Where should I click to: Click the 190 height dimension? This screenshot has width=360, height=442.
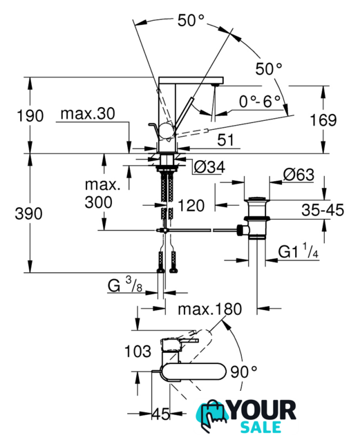30,116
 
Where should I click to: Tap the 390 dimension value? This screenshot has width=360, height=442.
28,213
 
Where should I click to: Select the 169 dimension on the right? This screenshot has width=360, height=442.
323,120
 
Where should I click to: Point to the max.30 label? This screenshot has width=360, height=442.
88,114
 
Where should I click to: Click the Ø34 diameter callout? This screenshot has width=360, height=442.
209,167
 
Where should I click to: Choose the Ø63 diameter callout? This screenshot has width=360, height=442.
299,175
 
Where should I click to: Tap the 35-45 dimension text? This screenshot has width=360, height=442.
323,210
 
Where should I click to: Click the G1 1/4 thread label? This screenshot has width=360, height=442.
299,251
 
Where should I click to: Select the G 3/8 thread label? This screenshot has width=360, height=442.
125,285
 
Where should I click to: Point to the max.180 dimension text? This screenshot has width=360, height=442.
210,309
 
